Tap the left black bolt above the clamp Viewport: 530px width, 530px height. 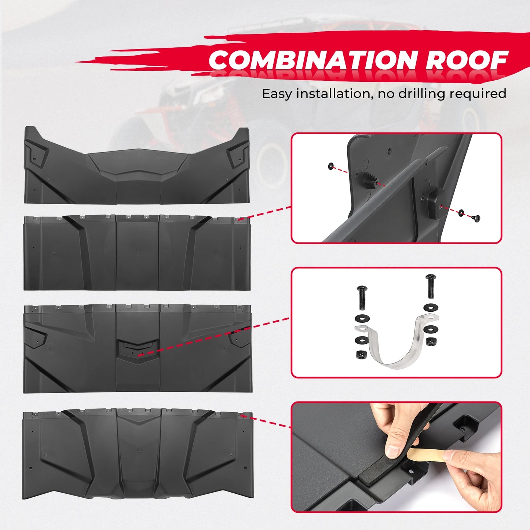[x=362, y=298]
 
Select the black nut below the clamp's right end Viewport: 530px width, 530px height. [x=431, y=341]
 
